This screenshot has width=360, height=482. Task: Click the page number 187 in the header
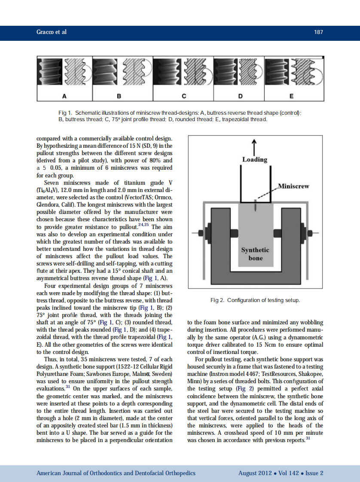point(318,33)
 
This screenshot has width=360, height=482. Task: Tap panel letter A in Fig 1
point(64,95)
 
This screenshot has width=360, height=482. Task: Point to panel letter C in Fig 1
point(183,95)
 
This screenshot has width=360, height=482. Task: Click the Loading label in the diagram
point(254,159)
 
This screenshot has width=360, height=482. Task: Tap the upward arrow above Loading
point(254,146)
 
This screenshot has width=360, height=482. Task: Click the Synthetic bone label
point(255,254)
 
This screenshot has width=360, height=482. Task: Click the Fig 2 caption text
point(255,300)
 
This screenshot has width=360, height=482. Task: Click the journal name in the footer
point(116,473)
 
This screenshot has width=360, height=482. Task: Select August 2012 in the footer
point(255,473)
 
